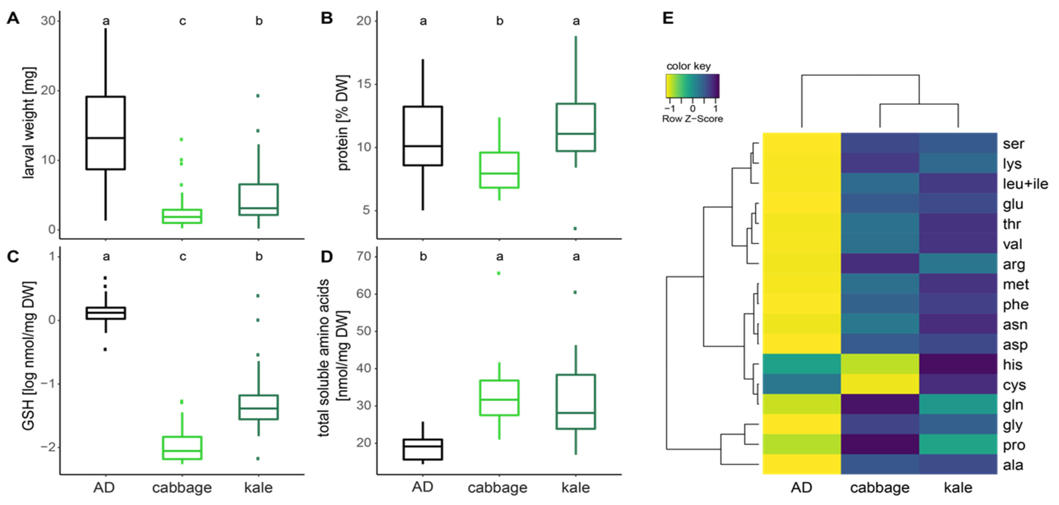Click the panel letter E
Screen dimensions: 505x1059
(668, 18)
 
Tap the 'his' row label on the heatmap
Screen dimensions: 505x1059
(1012, 365)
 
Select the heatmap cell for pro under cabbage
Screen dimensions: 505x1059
(880, 445)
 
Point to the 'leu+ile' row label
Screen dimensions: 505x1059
(1025, 184)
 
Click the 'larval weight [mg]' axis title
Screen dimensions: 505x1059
(29, 122)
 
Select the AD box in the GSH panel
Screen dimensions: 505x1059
(106, 313)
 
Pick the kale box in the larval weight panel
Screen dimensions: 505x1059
(259, 200)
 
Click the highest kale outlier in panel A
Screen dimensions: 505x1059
(258, 96)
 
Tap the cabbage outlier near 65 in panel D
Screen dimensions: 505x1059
(499, 273)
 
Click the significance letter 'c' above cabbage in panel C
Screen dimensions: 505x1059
(182, 257)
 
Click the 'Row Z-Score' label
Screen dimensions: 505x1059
(692, 119)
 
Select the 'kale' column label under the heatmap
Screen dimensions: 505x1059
(958, 488)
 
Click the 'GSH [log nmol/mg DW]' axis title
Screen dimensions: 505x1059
(29, 356)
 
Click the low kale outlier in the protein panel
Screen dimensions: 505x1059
(575, 228)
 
